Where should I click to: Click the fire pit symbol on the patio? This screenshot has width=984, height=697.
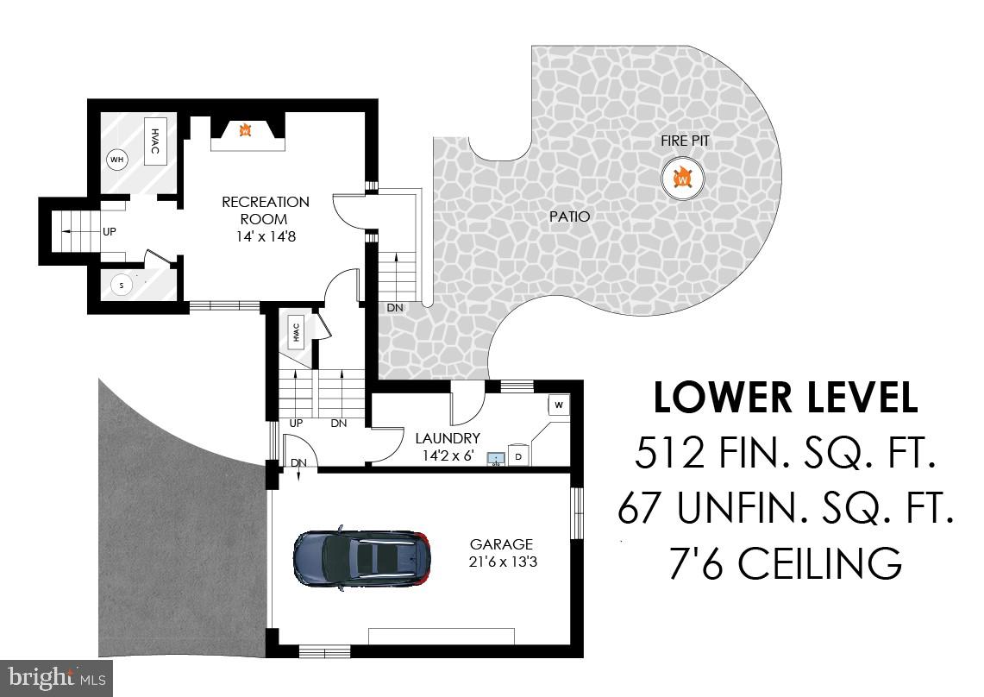(x=683, y=179)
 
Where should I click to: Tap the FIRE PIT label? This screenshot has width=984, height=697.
(x=686, y=141)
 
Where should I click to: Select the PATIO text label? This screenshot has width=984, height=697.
(x=569, y=217)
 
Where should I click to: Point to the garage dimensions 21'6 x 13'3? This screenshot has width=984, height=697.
(x=501, y=562)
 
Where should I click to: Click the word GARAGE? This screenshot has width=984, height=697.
(x=501, y=544)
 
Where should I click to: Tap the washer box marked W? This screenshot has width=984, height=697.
(x=559, y=405)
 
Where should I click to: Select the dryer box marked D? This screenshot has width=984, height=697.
(x=519, y=455)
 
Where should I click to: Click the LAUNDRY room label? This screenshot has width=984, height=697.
(x=447, y=438)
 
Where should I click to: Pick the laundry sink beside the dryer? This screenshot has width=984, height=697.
(x=496, y=457)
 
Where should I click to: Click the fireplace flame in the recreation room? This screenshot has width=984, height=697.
(x=245, y=130)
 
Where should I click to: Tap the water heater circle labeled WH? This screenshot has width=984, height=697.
(x=116, y=160)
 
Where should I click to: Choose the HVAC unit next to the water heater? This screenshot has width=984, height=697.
(x=155, y=141)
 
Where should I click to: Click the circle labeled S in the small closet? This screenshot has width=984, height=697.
(x=122, y=286)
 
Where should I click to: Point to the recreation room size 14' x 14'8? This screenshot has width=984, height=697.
(x=265, y=235)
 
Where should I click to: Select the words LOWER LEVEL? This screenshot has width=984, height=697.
(x=785, y=399)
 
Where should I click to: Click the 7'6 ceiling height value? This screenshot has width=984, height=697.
(x=696, y=563)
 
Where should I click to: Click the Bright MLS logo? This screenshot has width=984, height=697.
(x=56, y=677)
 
